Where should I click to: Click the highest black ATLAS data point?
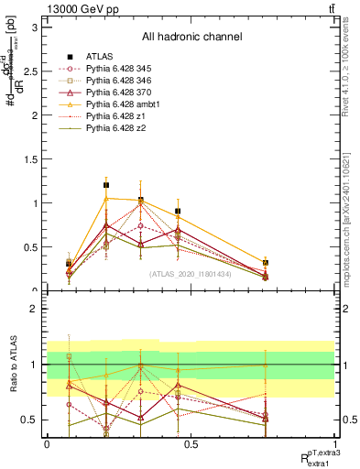pos(106,185)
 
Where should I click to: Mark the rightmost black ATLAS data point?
pos(266,263)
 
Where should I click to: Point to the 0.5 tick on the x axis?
pos(190,444)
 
